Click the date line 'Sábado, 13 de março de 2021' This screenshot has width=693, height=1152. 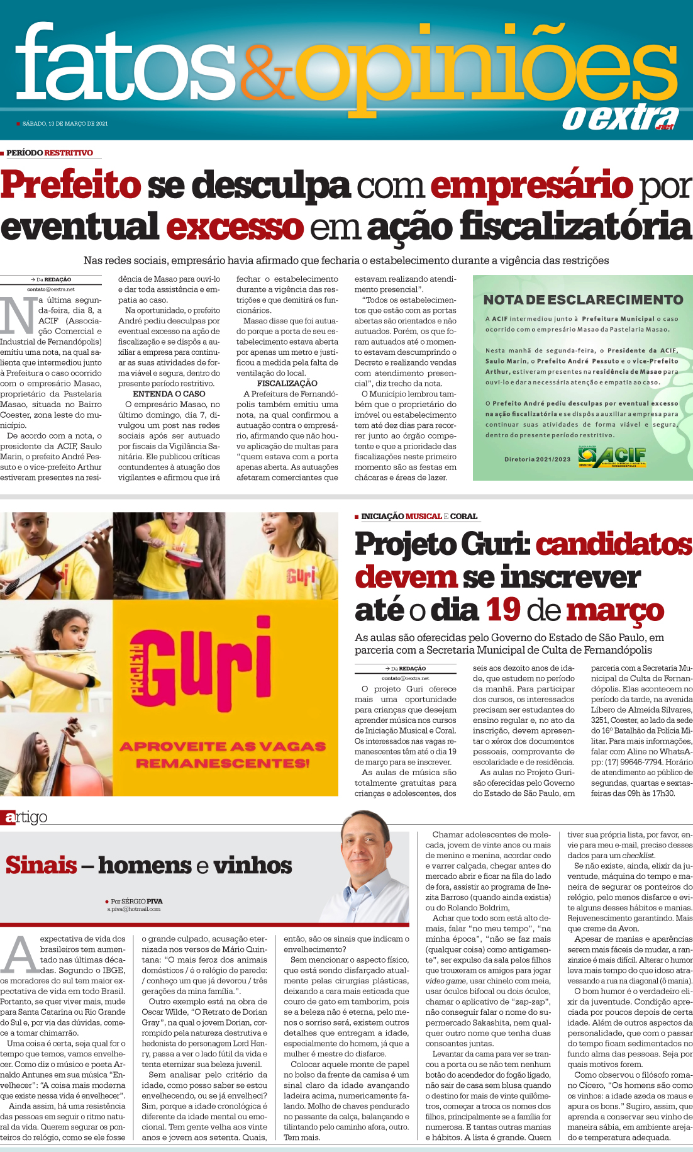pyautogui.click(x=65, y=124)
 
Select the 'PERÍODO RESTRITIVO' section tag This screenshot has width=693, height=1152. pyautogui.click(x=50, y=153)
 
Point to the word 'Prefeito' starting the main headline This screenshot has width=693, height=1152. pyautogui.click(x=70, y=186)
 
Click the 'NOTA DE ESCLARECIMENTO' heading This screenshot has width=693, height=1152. pyautogui.click(x=583, y=300)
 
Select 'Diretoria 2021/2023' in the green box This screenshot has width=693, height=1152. pyautogui.click(x=537, y=459)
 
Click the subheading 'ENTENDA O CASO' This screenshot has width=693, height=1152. pyautogui.click(x=169, y=394)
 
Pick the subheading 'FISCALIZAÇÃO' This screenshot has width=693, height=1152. pyautogui.click(x=287, y=383)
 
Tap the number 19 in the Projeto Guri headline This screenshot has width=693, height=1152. pyautogui.click(x=503, y=610)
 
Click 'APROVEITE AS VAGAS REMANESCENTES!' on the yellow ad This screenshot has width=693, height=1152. pyautogui.click(x=223, y=754)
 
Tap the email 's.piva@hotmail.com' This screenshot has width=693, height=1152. pyautogui.click(x=133, y=909)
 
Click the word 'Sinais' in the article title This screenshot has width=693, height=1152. pyautogui.click(x=42, y=866)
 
